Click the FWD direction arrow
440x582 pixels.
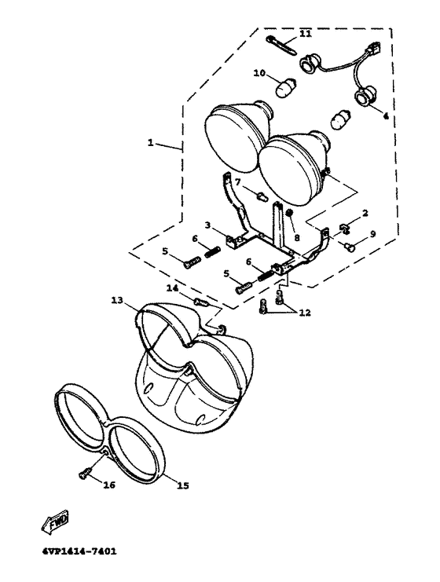click(55, 522)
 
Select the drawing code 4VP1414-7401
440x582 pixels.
click(79, 551)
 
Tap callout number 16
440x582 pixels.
click(109, 485)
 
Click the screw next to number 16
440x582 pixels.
click(83, 474)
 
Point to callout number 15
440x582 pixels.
click(183, 485)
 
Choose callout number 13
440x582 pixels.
click(118, 300)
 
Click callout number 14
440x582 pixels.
click(173, 287)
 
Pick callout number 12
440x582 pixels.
click(305, 313)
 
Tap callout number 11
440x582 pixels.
click(306, 34)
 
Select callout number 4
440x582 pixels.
click(386, 116)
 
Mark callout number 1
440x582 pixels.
click(150, 142)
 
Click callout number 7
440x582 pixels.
click(238, 181)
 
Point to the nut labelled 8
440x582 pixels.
click(291, 213)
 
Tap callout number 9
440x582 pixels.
click(372, 234)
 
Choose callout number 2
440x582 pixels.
click(365, 213)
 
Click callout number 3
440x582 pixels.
click(207, 225)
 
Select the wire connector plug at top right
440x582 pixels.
click(374, 47)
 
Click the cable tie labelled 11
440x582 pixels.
click(282, 46)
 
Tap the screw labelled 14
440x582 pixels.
click(201, 302)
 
